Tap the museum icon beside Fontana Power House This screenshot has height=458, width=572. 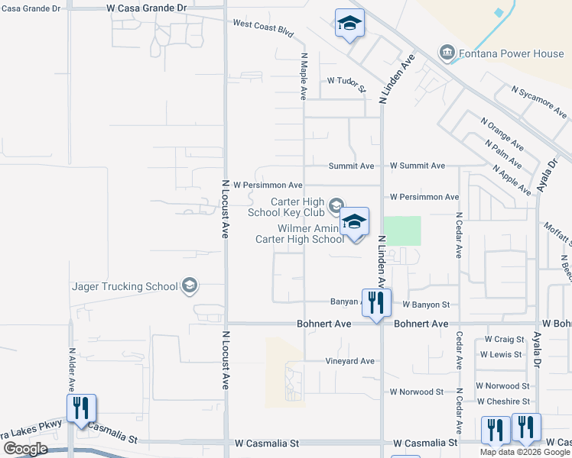pos(446,53)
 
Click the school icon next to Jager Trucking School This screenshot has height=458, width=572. pos(189,286)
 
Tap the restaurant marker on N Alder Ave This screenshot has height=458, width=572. pos(81,408)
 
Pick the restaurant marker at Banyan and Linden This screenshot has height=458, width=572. pos(376,302)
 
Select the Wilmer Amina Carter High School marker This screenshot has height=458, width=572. pos(354,221)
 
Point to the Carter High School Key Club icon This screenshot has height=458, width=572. pos(336,205)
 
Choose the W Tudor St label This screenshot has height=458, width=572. pos(346,80)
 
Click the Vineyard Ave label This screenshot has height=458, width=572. pos(349,361)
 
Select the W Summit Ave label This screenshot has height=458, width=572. pos(417,166)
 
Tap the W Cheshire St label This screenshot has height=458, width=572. pos(502,402)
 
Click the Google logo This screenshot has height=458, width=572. pos(25,448)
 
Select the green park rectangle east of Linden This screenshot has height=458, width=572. pos(401,231)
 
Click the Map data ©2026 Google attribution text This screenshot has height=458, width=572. pos(524,452)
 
